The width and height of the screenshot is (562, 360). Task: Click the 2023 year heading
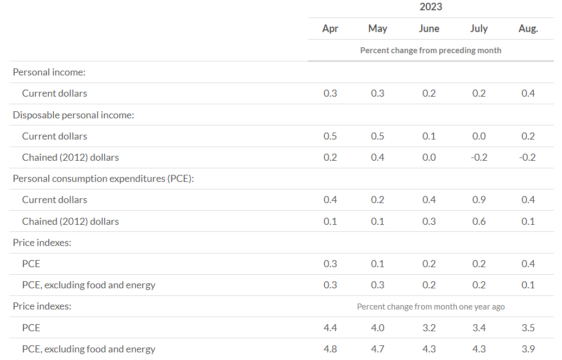click(431, 7)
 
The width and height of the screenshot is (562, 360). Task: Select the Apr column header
click(330, 29)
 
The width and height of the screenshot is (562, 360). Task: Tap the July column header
click(478, 29)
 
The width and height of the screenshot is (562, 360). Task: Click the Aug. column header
click(528, 29)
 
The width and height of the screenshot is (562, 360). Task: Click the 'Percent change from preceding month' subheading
click(431, 50)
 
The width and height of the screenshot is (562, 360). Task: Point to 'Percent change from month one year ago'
click(431, 307)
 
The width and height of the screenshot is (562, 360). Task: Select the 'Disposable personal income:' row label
click(73, 115)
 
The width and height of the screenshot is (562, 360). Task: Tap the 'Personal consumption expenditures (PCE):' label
click(103, 179)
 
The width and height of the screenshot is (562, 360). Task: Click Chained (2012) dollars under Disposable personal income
click(70, 157)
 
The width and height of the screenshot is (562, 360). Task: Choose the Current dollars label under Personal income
click(54, 93)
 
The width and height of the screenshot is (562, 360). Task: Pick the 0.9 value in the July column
click(478, 200)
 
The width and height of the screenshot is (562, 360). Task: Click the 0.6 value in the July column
click(478, 222)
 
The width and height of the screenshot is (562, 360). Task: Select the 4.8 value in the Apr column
click(330, 349)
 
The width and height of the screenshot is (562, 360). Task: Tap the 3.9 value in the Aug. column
click(528, 349)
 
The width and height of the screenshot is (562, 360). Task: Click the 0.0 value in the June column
click(429, 157)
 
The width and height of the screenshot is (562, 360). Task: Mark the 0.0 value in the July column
click(478, 136)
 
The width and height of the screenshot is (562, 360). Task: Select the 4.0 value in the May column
click(377, 328)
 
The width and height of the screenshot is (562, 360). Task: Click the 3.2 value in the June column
click(429, 328)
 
